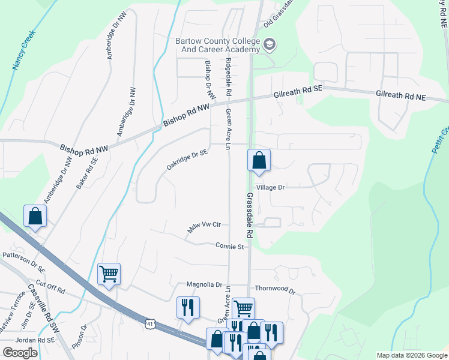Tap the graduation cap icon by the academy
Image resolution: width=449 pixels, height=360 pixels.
tap(270, 44)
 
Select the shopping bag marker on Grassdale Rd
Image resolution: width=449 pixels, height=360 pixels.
tap(259, 160)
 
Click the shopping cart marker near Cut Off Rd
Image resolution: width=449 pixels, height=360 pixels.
tap(109, 274)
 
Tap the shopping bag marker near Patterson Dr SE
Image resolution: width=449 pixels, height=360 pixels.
tap(35, 216)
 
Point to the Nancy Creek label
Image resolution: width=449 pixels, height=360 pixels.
tap(25, 51)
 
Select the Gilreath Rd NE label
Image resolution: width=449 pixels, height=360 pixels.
tap(400, 96)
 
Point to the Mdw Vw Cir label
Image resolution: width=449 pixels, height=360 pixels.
tap(205, 227)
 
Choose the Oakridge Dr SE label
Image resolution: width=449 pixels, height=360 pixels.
tap(187, 160)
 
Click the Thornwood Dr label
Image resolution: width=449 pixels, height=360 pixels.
tap(275, 289)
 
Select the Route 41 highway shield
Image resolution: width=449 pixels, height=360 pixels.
tap(149, 324)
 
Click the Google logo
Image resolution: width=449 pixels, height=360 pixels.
tap(20, 353)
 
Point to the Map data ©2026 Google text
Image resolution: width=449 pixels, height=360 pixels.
tap(411, 355)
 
